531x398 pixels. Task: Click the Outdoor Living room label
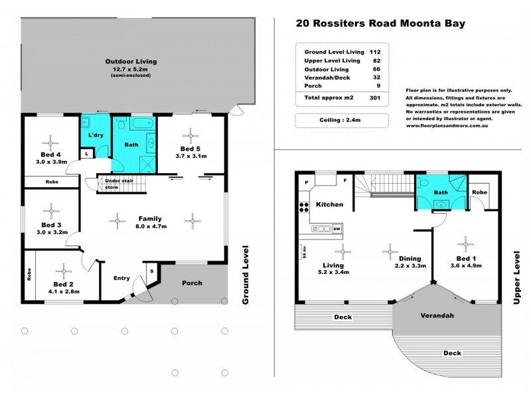pyautogui.click(x=131, y=62)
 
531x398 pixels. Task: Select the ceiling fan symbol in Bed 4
pyautogui.click(x=50, y=141)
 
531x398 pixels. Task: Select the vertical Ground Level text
pyautogui.click(x=245, y=275)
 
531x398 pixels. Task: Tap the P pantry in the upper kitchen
pyautogui.click(x=306, y=181)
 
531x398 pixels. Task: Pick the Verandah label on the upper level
pyautogui.click(x=437, y=315)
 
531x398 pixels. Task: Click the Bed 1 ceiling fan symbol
pyautogui.click(x=465, y=241)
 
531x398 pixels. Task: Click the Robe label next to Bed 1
pyautogui.click(x=481, y=192)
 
